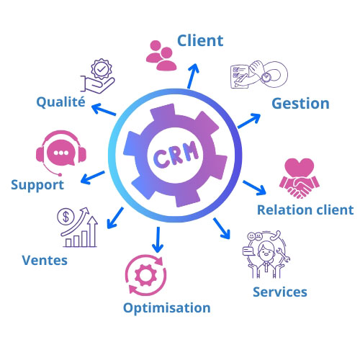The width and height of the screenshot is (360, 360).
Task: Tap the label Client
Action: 200,40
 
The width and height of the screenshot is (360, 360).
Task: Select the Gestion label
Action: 300,103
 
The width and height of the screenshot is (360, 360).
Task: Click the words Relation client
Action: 305,210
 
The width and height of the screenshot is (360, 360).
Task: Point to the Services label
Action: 280,292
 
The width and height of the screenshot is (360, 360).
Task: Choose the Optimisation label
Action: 166,308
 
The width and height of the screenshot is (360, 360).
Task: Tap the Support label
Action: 37,185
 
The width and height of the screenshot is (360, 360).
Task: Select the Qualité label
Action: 60,103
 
